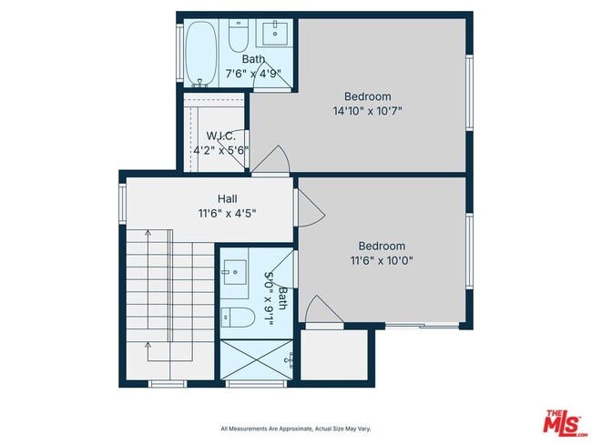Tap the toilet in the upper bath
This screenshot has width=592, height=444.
(239, 39)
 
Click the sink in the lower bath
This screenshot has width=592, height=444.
(234, 270)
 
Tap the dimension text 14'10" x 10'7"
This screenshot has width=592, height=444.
(367, 111)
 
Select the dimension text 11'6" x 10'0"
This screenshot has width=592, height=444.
(382, 260)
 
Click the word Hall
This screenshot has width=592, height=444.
(227, 199)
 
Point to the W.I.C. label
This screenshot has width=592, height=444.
(220, 136)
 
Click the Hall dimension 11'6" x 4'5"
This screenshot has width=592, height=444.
(227, 214)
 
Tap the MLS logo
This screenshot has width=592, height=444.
(565, 423)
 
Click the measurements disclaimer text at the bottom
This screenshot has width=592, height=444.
(295, 429)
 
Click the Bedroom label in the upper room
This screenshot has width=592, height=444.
(367, 96)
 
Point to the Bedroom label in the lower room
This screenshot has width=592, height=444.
(382, 246)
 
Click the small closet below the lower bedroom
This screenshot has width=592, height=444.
(334, 355)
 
